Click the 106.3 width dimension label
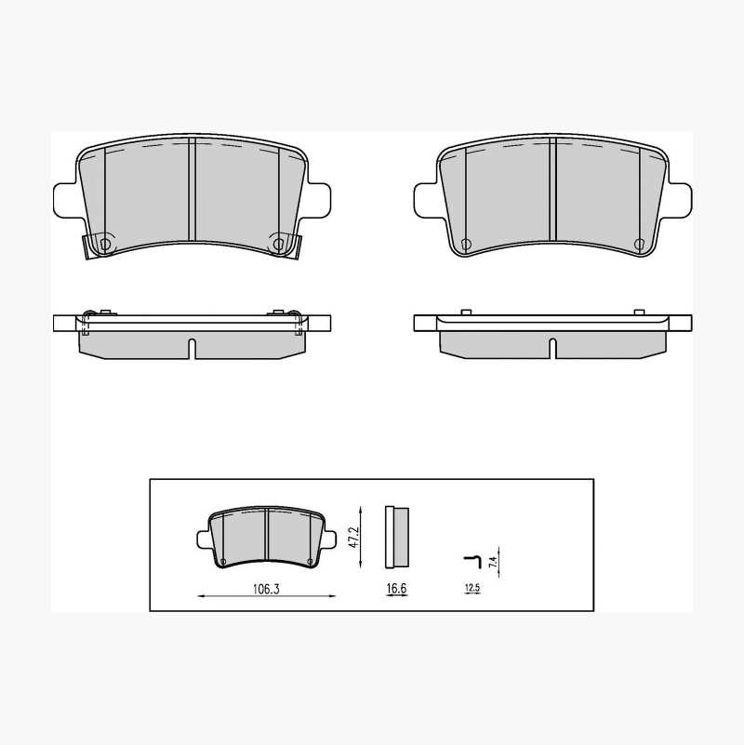coord(266,589)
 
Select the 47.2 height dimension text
coord(353,537)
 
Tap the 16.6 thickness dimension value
coord(396,588)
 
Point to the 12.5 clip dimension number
coord(472,588)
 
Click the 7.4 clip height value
coord(493,562)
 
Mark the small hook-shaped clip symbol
coord(472,561)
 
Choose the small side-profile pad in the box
coord(397,537)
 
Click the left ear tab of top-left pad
coord(65,201)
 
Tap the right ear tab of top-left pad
coord(318,201)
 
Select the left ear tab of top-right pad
coord(426,201)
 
